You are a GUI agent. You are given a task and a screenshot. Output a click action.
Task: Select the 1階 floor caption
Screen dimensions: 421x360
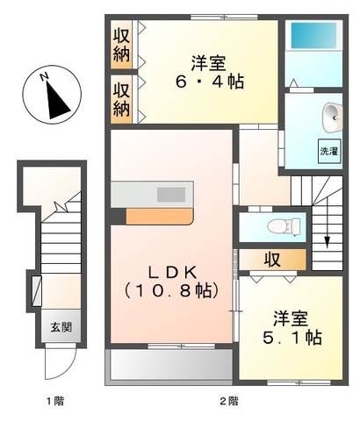(57, 401)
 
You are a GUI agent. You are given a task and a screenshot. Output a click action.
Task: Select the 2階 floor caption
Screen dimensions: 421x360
(227, 401)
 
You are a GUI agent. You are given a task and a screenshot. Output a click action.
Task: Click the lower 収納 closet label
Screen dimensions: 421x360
(121, 98)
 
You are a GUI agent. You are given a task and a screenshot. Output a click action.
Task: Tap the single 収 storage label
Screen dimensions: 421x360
(273, 260)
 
